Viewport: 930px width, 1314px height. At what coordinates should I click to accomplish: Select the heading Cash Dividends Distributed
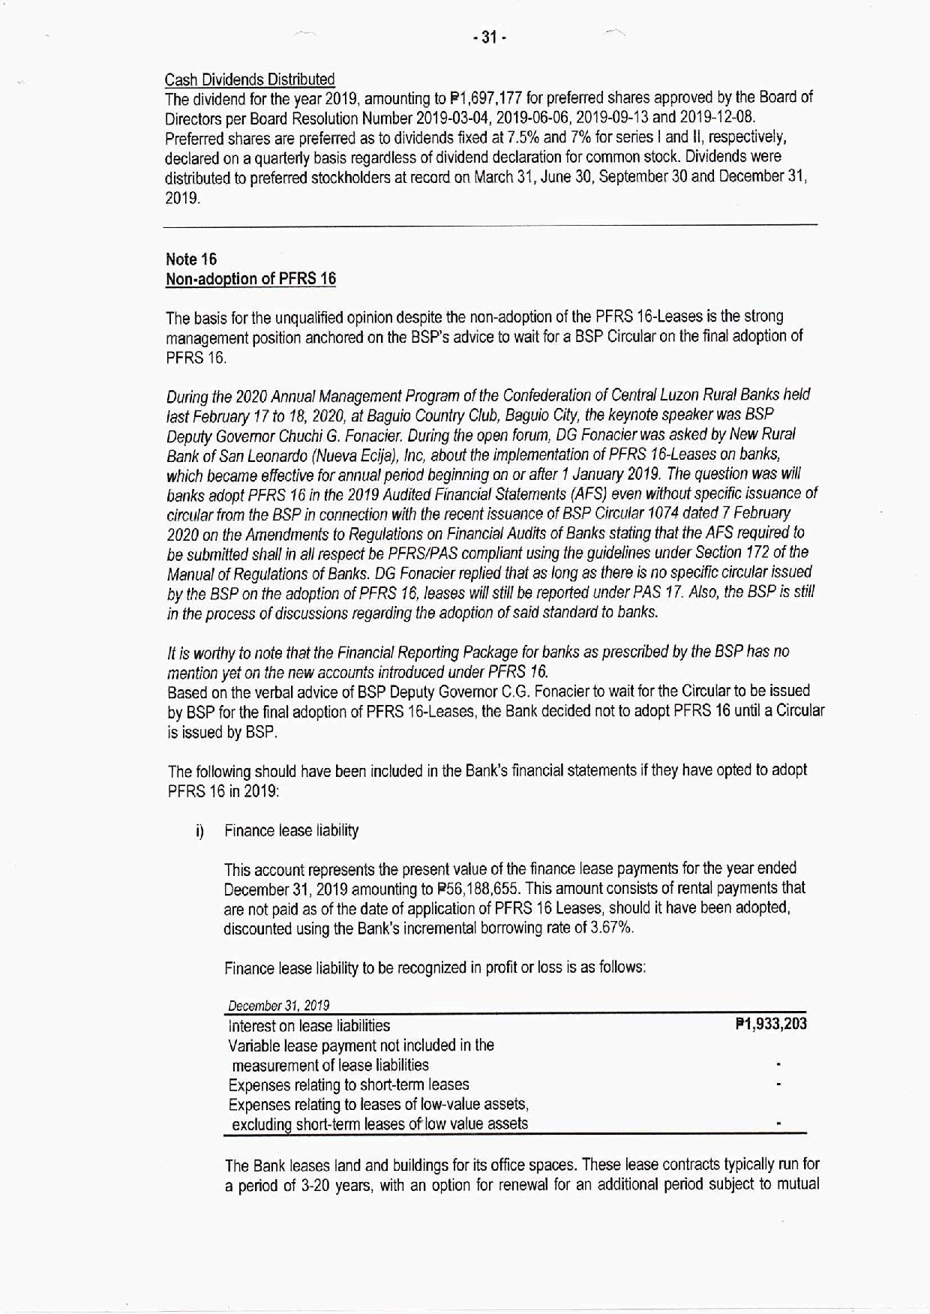tap(249, 79)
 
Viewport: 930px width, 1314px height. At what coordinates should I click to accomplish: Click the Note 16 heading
tap(191, 259)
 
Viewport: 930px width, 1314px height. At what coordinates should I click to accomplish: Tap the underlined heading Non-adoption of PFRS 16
tap(250, 279)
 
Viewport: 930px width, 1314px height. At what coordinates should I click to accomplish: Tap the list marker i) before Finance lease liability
tap(200, 831)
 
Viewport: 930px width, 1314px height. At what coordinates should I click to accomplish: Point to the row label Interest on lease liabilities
tap(309, 1025)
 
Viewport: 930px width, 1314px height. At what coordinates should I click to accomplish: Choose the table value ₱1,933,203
tap(771, 1024)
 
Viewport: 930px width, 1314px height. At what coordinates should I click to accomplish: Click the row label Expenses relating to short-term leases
tap(349, 1084)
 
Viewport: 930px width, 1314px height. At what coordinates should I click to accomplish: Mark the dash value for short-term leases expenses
tap(780, 1084)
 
